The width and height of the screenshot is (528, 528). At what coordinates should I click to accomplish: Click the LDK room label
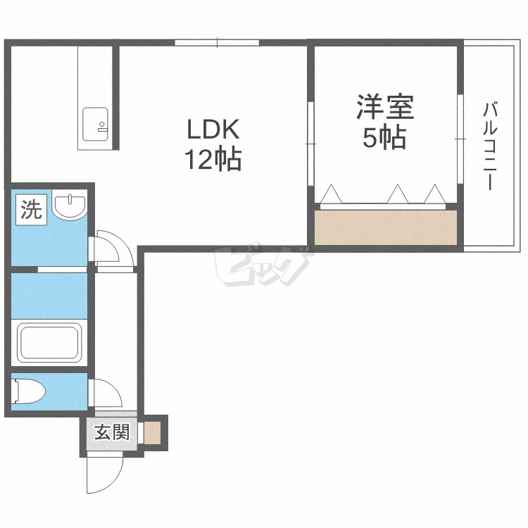(213, 129)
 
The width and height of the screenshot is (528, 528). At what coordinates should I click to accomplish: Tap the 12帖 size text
(213, 159)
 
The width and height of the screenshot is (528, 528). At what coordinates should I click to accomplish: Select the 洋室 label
(385, 107)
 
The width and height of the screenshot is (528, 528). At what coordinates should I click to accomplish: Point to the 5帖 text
(384, 137)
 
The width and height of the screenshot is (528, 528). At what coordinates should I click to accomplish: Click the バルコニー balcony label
(490, 146)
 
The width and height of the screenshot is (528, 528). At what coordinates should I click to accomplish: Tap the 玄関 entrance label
(112, 432)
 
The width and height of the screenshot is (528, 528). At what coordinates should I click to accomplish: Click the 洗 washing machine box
(31, 210)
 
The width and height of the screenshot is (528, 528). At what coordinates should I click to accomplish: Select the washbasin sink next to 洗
(70, 207)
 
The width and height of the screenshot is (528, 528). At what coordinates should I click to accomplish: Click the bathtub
(49, 342)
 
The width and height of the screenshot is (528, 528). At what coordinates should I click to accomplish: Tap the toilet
(28, 391)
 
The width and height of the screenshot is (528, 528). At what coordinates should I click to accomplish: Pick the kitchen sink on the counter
(95, 124)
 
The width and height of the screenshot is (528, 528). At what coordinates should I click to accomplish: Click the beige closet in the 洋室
(386, 227)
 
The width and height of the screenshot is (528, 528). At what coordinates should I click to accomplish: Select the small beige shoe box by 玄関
(153, 433)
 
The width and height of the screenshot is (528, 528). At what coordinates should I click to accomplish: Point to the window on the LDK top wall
(217, 43)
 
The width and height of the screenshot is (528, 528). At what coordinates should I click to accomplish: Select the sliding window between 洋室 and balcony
(460, 139)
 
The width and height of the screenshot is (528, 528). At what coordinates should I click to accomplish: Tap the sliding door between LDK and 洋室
(310, 144)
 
